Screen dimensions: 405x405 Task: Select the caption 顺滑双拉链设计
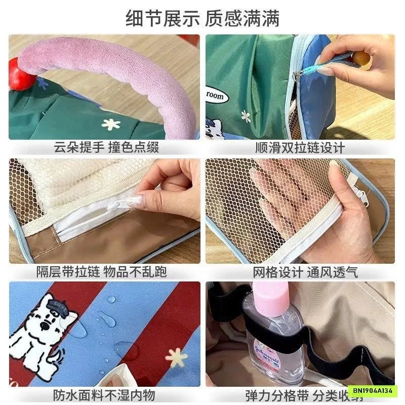(x=300, y=147)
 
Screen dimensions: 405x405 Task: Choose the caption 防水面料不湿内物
(x=104, y=394)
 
